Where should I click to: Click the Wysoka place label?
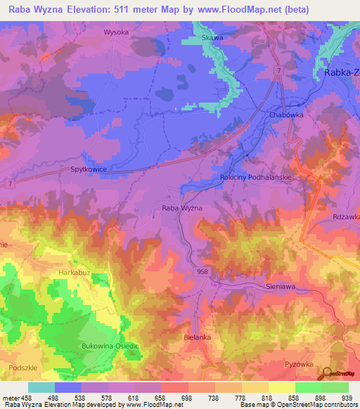pos(116,32)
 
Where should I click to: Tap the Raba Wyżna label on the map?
pos(182,208)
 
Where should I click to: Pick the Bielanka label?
pos(197,337)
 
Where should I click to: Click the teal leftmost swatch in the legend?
pos(41,387)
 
